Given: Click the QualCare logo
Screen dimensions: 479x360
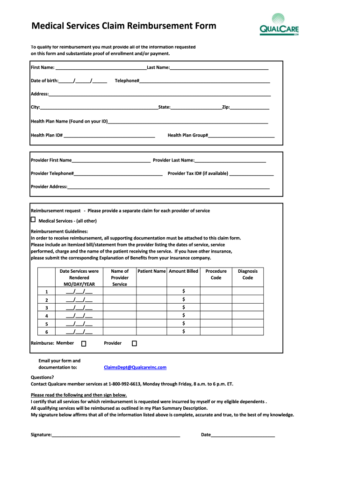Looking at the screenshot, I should coord(279,25).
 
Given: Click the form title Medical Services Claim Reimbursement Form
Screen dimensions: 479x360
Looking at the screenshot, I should coord(123,26).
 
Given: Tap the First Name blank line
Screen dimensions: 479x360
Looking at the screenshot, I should coord(101,68).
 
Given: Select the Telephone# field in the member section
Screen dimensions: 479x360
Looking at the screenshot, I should coord(204,81).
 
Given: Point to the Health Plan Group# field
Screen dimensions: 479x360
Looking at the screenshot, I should coord(241,135).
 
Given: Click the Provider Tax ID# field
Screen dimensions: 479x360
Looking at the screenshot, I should coord(252,174).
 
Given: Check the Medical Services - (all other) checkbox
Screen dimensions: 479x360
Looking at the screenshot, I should coord(33,220).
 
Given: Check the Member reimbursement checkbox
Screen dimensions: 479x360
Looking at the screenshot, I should coord(84,344).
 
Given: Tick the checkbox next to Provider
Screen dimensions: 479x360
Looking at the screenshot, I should coord(134,344).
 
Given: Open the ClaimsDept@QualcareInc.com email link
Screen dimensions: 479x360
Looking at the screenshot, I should coord(135,368).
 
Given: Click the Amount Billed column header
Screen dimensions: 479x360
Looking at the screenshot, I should coord(183,271).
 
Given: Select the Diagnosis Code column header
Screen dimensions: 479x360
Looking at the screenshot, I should coord(247,275).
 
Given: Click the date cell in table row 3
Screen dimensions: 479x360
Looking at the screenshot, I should coord(79,308).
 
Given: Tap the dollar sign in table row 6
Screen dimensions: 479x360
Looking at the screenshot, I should coord(183,331).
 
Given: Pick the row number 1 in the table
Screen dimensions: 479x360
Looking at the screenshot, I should coord(46,292).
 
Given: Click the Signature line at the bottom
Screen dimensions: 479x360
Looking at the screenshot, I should coord(116,435).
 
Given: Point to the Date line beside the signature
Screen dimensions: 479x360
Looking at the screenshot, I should coord(243,435).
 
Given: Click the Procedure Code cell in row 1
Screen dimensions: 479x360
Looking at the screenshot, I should coord(216,292).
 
